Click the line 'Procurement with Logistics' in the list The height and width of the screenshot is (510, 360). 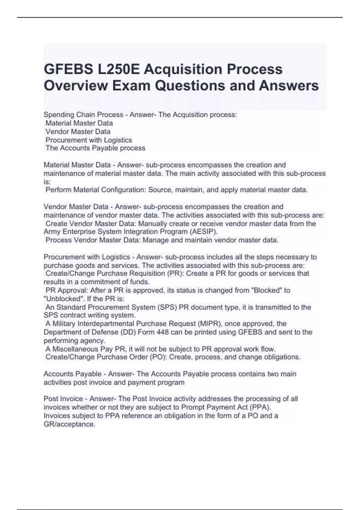coord(89,140)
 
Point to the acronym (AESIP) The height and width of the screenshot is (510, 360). coord(203,232)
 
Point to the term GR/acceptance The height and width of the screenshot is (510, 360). coord(69,424)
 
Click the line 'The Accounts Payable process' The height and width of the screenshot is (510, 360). coord(95,148)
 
